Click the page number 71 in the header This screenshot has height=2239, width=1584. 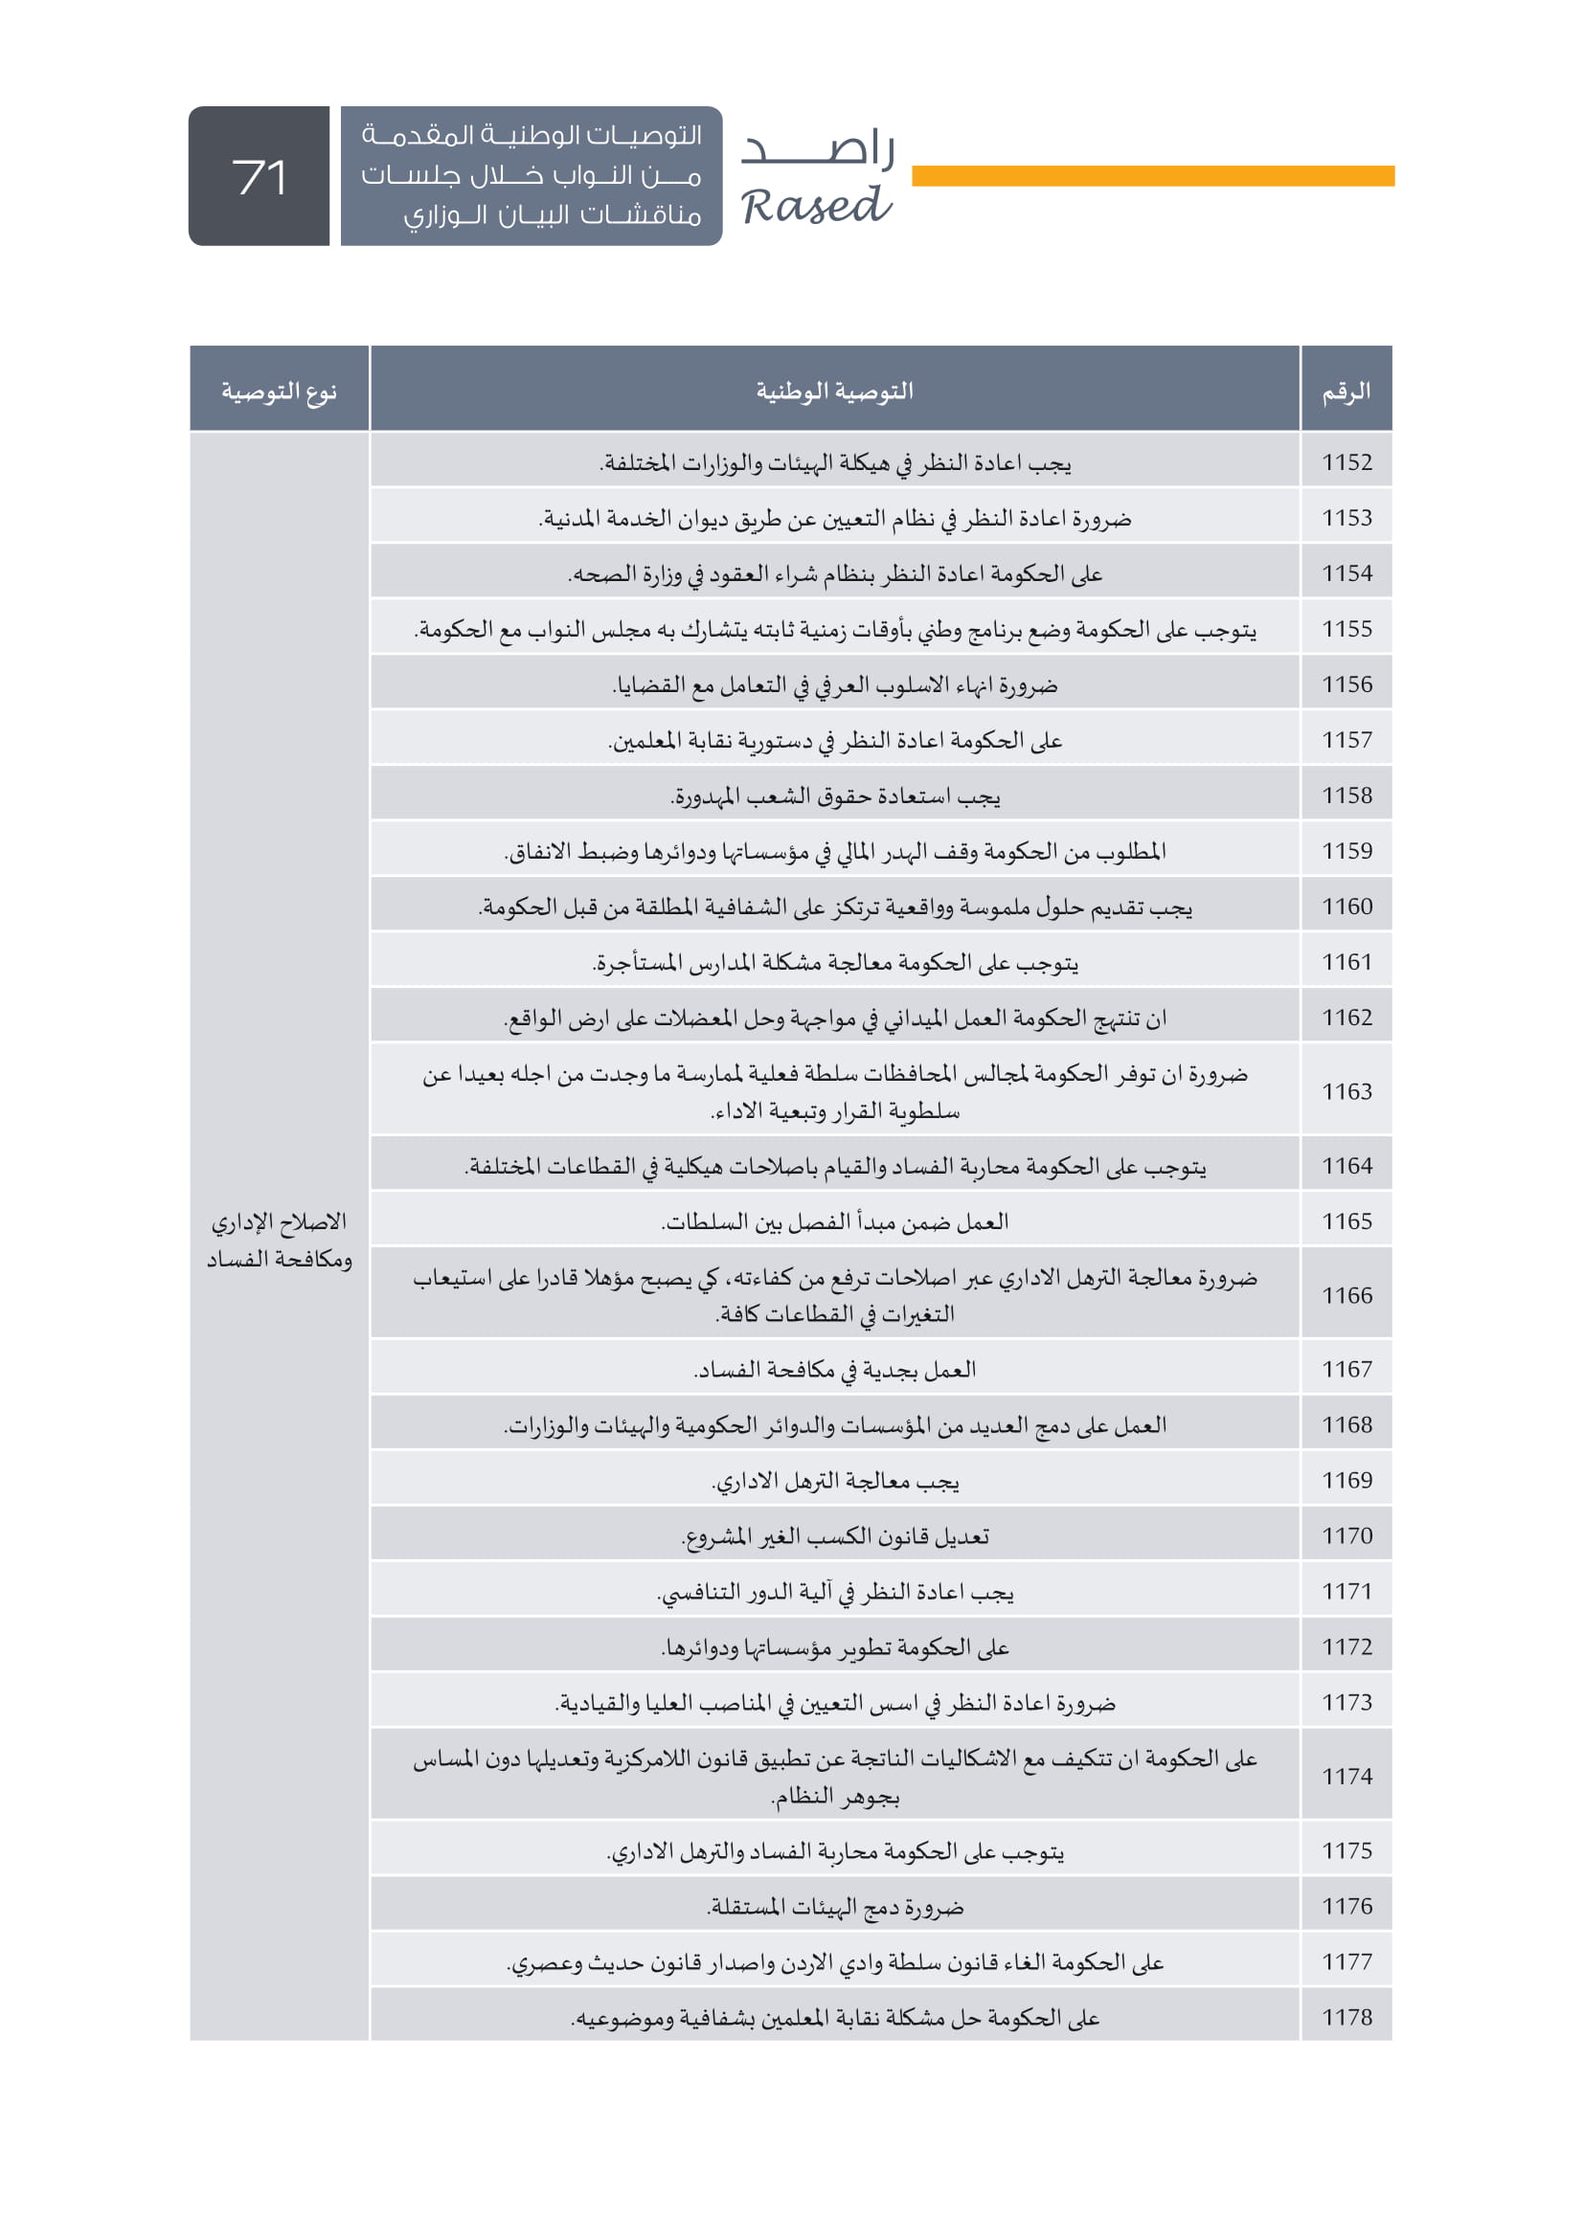pos(260,177)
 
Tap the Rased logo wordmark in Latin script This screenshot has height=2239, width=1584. pos(815,207)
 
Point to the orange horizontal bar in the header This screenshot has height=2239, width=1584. pos(1152,175)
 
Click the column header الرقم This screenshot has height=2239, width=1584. pos(1346,392)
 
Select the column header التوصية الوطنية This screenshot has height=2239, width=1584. pos(835,392)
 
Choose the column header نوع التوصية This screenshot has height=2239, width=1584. pos(279,392)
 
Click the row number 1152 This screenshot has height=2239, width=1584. pos(1346,462)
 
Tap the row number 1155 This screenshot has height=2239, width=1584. pos(1346,629)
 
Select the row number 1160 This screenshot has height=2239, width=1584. pos(1346,907)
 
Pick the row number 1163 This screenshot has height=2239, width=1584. pos(1346,1091)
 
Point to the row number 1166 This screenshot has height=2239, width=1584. pos(1346,1295)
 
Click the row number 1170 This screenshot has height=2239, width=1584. pos(1346,1535)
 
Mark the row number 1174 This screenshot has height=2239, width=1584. pos(1346,1777)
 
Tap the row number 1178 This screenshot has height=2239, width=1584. pos(1346,2018)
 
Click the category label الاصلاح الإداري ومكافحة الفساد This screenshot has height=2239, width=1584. pos(279,1241)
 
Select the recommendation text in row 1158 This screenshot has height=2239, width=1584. pos(835,796)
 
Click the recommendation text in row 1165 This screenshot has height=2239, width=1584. pos(835,1221)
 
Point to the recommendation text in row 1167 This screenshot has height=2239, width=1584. pos(835,1370)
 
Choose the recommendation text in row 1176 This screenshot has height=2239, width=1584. pos(835,1908)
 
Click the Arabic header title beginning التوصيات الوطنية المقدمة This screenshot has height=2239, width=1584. pos(532,175)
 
